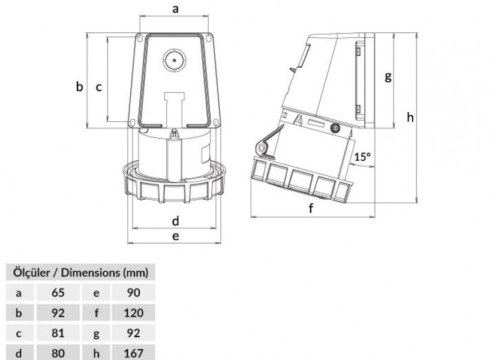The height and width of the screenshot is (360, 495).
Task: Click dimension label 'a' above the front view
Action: [x=176, y=9]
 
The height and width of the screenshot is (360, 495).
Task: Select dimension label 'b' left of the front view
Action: [x=80, y=86]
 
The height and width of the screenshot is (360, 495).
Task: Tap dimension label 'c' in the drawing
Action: [x=99, y=87]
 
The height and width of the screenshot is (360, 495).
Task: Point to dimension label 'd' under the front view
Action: [x=176, y=221]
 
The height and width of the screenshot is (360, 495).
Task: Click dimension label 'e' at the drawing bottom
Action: [x=176, y=236]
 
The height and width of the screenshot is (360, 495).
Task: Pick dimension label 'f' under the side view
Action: [x=311, y=208]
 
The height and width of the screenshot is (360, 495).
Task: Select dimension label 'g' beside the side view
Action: [x=388, y=76]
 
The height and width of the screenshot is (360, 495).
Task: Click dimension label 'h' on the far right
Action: [x=410, y=117]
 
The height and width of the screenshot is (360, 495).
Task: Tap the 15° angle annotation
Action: [x=362, y=157]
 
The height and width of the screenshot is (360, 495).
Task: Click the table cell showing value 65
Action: [x=58, y=293]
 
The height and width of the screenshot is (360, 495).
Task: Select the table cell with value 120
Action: [x=134, y=313]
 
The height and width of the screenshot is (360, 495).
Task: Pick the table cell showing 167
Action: [x=134, y=353]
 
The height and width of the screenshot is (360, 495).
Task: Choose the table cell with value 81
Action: [x=58, y=333]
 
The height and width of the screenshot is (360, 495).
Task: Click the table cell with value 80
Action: [x=58, y=353]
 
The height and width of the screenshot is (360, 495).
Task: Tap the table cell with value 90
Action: [x=134, y=293]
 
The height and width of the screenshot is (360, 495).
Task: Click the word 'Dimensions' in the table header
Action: [x=90, y=272]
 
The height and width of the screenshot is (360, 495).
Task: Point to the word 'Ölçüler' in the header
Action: [x=31, y=272]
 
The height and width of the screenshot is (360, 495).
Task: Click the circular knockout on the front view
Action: [x=174, y=60]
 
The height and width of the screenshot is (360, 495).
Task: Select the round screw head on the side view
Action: [x=335, y=128]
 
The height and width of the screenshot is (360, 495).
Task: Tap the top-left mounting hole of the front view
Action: [x=139, y=38]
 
